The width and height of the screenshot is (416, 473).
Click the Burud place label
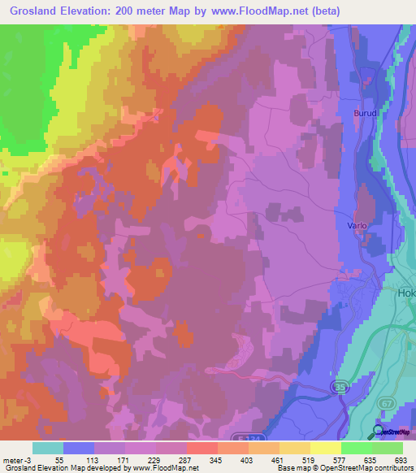pos(366,114)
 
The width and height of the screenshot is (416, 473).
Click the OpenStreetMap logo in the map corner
pos(391,432)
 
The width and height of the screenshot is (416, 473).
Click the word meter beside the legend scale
pos(12,459)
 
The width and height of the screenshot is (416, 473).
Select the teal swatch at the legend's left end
pos(48,448)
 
